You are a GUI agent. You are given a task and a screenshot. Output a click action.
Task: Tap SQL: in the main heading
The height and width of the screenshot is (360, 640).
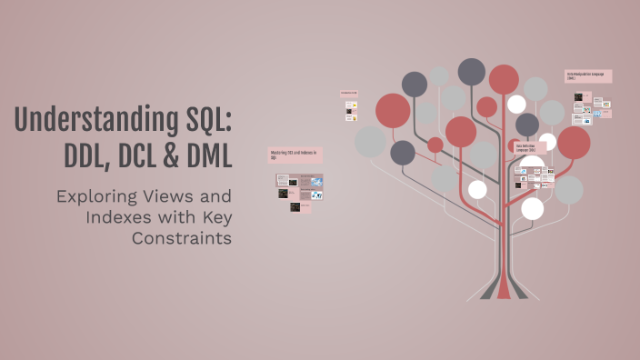pos(203,121)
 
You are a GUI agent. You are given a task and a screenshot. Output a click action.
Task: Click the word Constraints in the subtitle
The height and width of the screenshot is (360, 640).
pos(182,238)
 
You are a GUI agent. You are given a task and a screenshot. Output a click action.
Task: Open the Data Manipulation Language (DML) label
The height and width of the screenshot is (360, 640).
pos(588,76)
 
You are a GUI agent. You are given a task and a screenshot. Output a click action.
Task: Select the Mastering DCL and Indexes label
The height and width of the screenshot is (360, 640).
pos(295,155)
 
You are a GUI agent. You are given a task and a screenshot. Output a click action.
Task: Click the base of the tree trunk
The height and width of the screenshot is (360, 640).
pos(504,291)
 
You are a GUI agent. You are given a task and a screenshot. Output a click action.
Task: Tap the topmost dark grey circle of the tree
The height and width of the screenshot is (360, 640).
pos(472,71)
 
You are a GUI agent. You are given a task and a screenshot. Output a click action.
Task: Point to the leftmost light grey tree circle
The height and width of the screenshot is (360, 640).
pos(371,141)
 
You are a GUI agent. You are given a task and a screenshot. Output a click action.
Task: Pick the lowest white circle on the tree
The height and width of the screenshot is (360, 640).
pos(532,209)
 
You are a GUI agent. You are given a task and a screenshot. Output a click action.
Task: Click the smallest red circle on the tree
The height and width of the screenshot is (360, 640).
pos(435,145)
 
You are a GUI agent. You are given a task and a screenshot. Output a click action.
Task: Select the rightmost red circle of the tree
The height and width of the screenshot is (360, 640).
pos(574,142)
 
